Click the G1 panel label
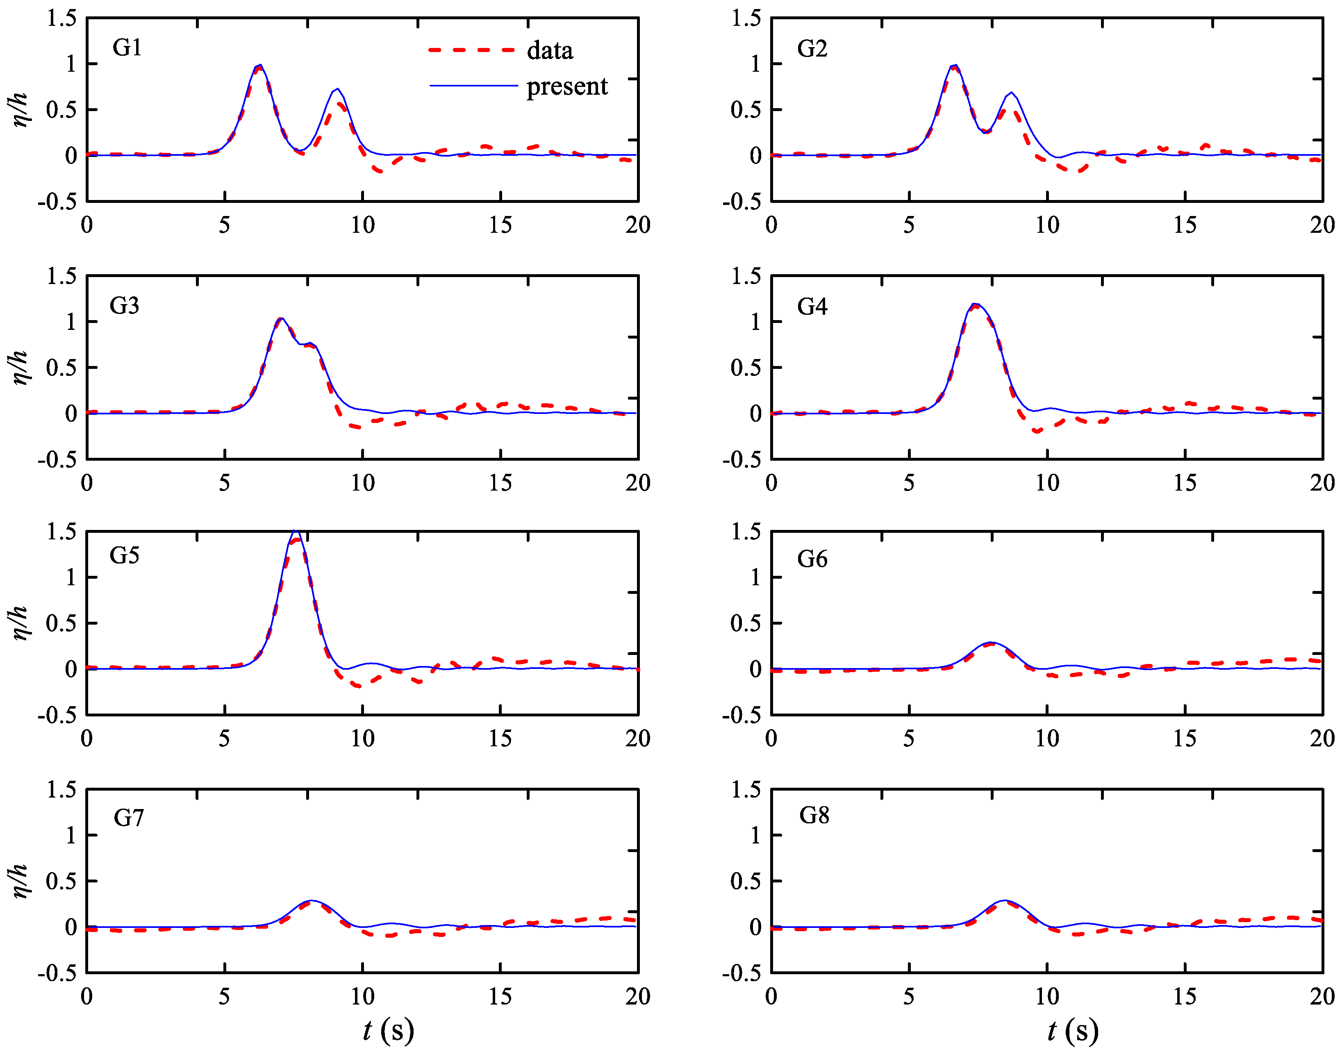click(x=127, y=48)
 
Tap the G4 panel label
click(x=812, y=306)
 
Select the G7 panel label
click(x=128, y=818)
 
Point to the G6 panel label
click(x=812, y=559)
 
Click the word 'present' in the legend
click(x=566, y=86)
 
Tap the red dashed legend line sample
click(x=472, y=50)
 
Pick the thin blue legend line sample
click(x=473, y=85)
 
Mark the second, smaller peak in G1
click(x=337, y=90)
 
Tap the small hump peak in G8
click(x=1004, y=900)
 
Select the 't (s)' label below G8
click(x=1073, y=1030)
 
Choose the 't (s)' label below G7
click(x=388, y=1030)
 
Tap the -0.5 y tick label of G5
click(x=57, y=715)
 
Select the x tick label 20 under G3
click(x=637, y=483)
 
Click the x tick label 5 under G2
click(x=909, y=225)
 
